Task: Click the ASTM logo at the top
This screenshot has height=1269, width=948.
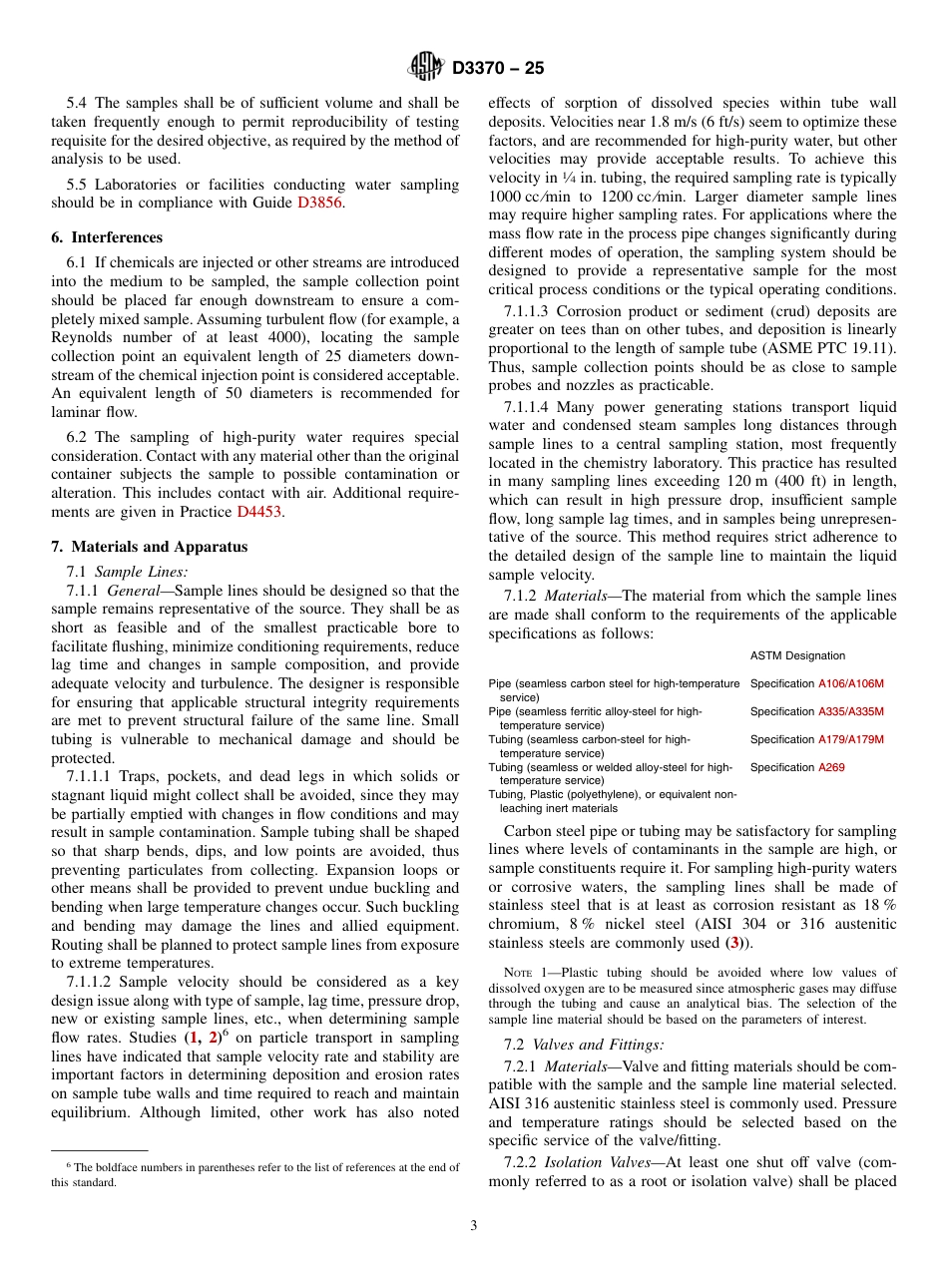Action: point(426,68)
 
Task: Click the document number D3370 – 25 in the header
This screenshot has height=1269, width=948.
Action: point(498,69)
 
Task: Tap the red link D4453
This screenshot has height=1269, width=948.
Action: point(258,512)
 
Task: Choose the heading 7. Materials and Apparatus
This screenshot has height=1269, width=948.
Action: point(150,547)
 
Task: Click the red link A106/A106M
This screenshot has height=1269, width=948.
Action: point(850,683)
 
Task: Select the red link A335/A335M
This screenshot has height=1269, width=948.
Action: point(850,711)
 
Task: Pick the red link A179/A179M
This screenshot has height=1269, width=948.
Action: point(850,739)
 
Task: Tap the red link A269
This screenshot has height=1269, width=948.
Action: point(830,767)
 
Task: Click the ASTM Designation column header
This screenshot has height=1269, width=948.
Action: point(797,655)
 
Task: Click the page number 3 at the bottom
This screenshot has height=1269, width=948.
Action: point(474,1226)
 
